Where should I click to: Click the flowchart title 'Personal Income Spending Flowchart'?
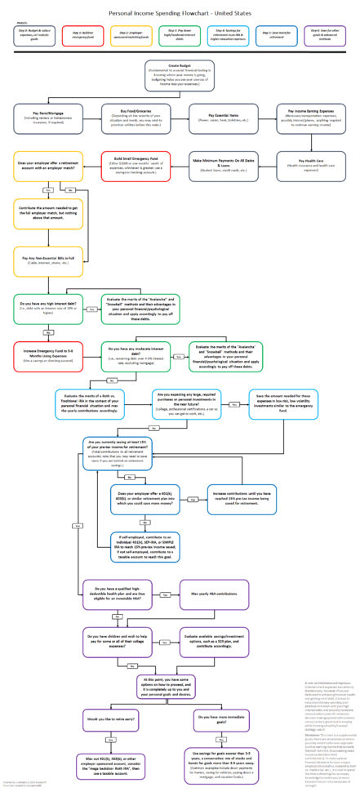[x=179, y=13]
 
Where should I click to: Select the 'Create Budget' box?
[x=180, y=76]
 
